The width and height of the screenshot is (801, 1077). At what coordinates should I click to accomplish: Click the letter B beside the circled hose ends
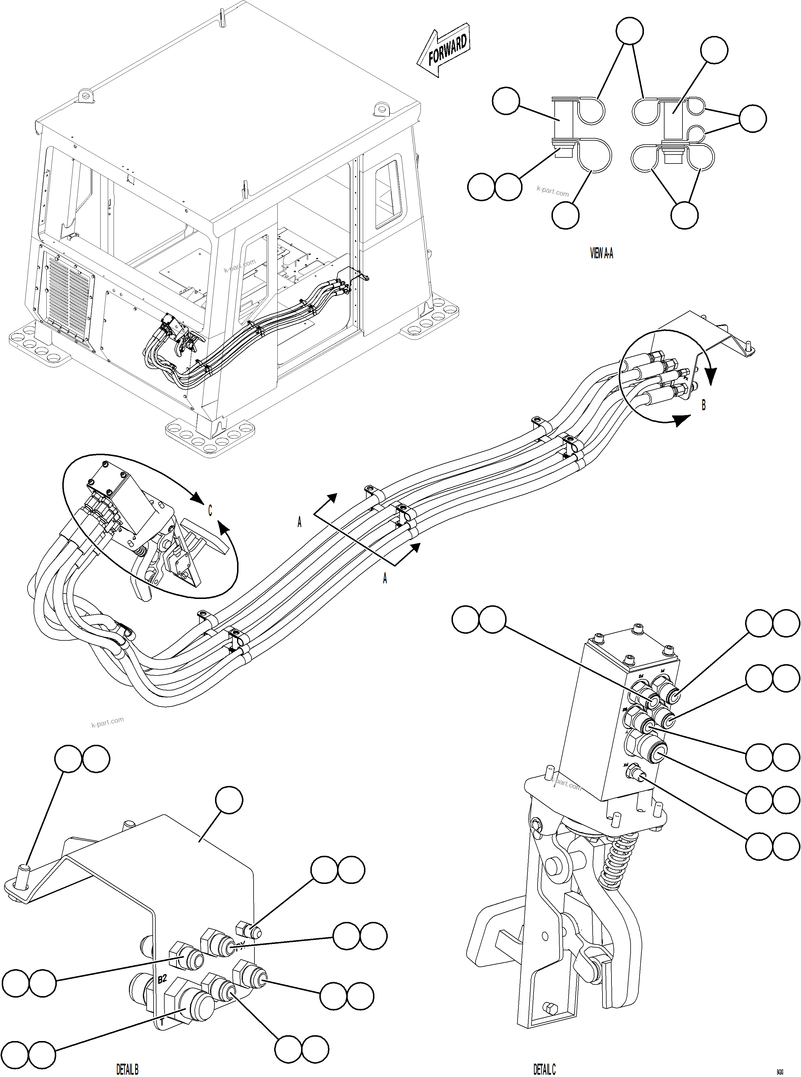pyautogui.click(x=704, y=405)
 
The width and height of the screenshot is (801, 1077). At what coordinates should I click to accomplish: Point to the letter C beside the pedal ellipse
pyautogui.click(x=210, y=511)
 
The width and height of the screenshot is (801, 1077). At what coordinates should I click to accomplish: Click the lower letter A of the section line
pyautogui.click(x=385, y=578)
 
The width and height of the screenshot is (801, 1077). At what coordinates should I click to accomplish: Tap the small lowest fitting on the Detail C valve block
pyautogui.click(x=637, y=776)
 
